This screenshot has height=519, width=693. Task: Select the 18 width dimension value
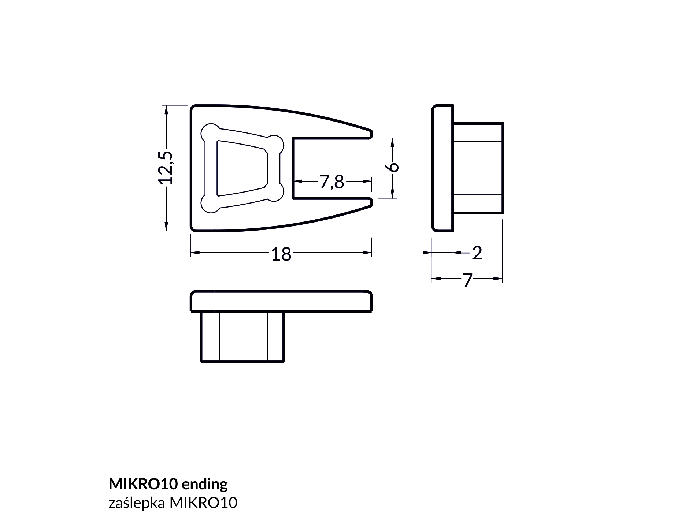point(281,254)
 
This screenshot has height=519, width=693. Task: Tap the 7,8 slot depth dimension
point(332,182)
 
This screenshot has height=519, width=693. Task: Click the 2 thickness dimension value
point(477,253)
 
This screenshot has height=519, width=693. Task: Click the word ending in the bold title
point(204,484)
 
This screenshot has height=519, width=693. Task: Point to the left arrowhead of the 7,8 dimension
point(298,181)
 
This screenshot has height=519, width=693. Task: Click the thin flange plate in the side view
point(442,168)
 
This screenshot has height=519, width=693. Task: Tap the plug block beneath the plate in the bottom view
point(242,337)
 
